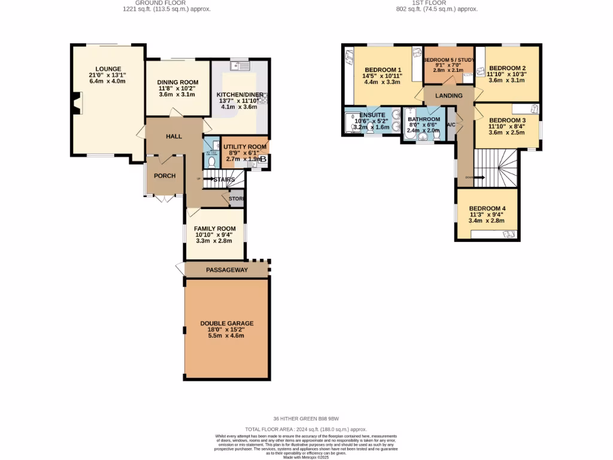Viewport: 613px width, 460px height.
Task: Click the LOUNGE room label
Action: pos(107,68)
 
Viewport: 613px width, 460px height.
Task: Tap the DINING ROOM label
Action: pos(178,83)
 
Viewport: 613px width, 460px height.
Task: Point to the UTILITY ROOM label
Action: pos(245,147)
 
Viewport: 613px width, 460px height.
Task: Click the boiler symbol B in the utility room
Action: pos(263,159)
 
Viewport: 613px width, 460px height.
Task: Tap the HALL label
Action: pos(174,137)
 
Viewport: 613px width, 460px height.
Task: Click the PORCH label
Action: pos(165,175)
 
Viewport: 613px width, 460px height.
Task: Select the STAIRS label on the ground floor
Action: pos(224,179)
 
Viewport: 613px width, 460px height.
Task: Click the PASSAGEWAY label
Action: pos(227,270)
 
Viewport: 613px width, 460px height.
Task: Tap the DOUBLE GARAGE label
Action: pos(227,323)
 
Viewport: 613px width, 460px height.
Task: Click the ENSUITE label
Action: pos(372,114)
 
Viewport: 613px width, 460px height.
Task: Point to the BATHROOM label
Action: pos(423,119)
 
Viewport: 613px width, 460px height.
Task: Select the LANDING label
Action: pos(448,96)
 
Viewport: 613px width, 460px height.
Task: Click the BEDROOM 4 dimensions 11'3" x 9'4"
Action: pos(486,214)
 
